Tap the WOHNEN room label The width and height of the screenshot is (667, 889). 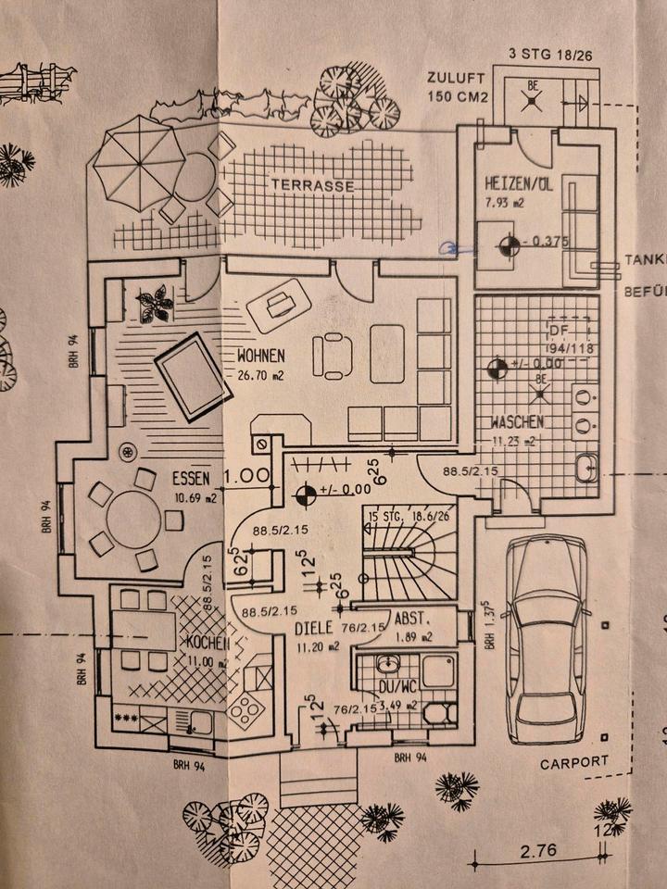tap(260, 355)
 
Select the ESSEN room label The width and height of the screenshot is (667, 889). tap(191, 479)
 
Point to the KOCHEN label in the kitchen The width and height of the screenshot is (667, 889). tap(205, 642)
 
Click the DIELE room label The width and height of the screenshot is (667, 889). tap(313, 627)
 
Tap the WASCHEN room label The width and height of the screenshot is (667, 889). tap(516, 422)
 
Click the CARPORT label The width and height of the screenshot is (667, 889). tap(574, 762)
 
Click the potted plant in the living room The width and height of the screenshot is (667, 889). tap(154, 303)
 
